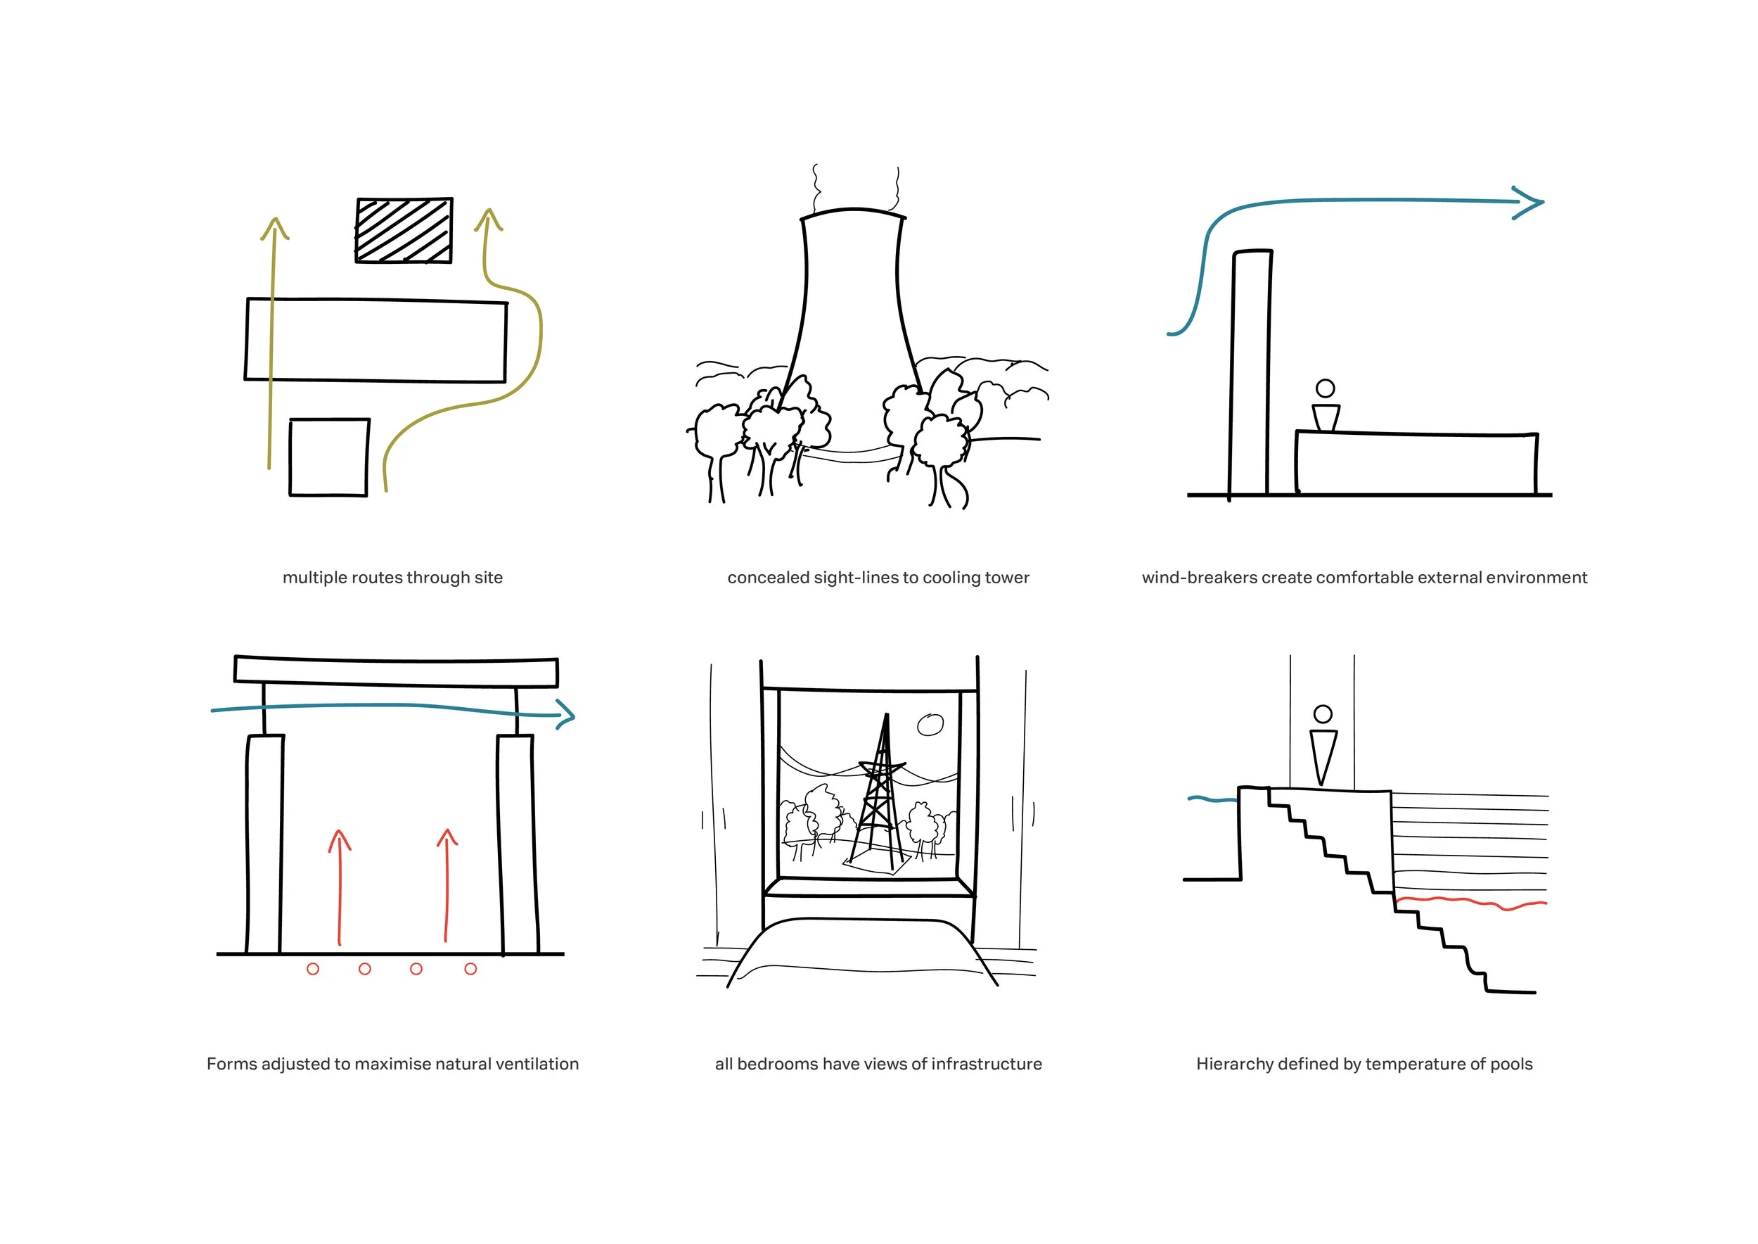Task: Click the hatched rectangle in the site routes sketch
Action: (404, 231)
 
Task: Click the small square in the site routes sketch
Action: (329, 457)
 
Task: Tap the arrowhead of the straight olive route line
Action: (274, 227)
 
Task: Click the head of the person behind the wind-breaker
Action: (1325, 388)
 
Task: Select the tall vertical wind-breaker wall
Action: (1250, 372)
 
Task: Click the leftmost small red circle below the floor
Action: (312, 969)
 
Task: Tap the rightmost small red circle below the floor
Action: (470, 969)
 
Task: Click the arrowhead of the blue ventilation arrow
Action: (567, 716)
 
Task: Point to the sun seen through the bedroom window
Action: (930, 724)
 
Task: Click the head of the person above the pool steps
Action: (1322, 714)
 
